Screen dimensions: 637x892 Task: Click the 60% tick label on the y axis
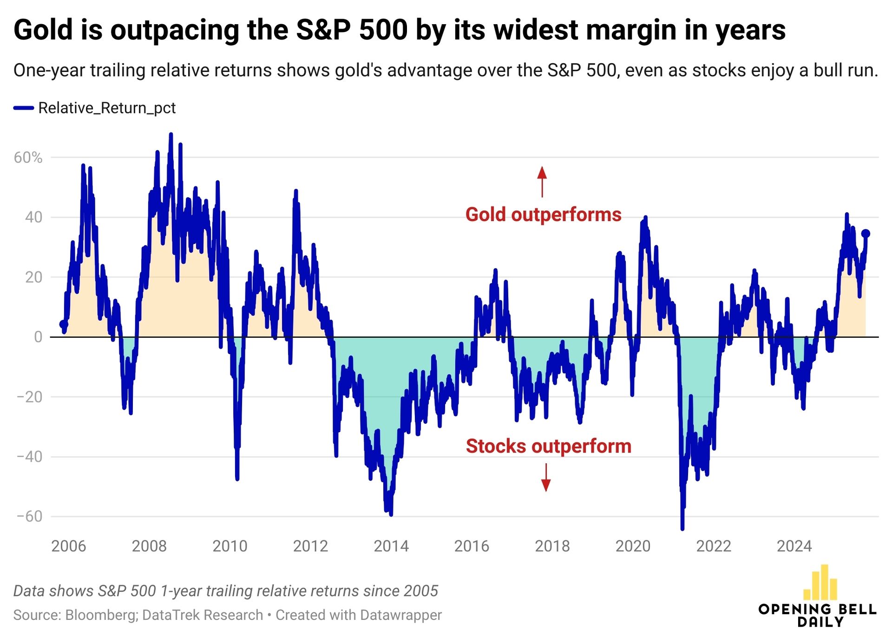[x=28, y=158]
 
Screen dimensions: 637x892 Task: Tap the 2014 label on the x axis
[x=391, y=546]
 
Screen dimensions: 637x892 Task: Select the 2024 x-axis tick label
[x=794, y=546]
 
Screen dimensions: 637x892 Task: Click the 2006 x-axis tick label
[x=69, y=546]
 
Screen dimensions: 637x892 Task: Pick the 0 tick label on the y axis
[x=38, y=337]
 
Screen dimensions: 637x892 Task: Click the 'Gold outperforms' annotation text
[x=543, y=215]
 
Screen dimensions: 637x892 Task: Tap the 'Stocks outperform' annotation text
[x=548, y=446]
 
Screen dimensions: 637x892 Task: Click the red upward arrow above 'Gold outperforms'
[x=542, y=181]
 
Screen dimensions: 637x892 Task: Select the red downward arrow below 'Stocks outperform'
[x=546, y=478]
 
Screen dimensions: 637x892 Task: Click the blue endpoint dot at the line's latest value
[x=866, y=234]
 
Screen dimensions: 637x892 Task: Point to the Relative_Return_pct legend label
[x=107, y=108]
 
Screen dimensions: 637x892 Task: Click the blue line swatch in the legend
[x=24, y=108]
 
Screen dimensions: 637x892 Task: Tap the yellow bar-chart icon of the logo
[x=820, y=583]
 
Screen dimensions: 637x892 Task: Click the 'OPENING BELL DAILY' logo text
[x=817, y=615]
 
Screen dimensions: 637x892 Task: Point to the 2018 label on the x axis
[x=552, y=546]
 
